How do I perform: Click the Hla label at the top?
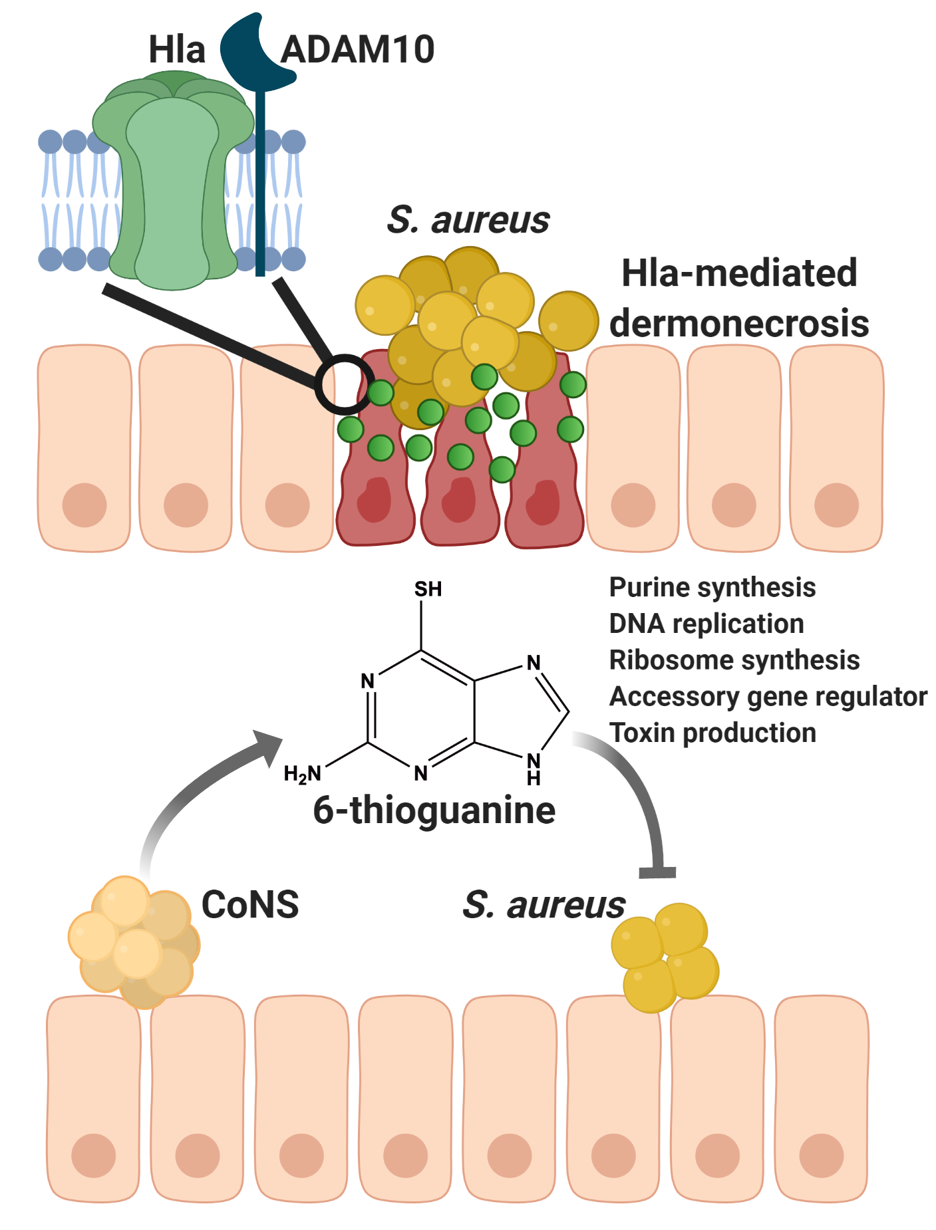[x=176, y=49]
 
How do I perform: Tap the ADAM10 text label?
[x=357, y=49]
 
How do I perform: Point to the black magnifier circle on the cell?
[x=343, y=384]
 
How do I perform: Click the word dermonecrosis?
[x=739, y=323]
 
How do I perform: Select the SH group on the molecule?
[x=428, y=590]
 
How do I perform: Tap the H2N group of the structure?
[x=303, y=773]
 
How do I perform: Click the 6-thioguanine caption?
[x=434, y=810]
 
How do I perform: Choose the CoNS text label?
[x=250, y=905]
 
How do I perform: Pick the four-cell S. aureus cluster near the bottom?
[x=665, y=955]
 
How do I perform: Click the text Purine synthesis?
[x=712, y=588]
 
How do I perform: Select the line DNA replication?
[x=706, y=624]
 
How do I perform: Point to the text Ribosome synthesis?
[x=734, y=660]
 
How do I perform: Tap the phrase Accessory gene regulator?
[x=767, y=697]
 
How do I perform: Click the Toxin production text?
[x=712, y=733]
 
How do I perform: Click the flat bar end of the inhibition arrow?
[x=657, y=872]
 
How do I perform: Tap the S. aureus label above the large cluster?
[x=468, y=220]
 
